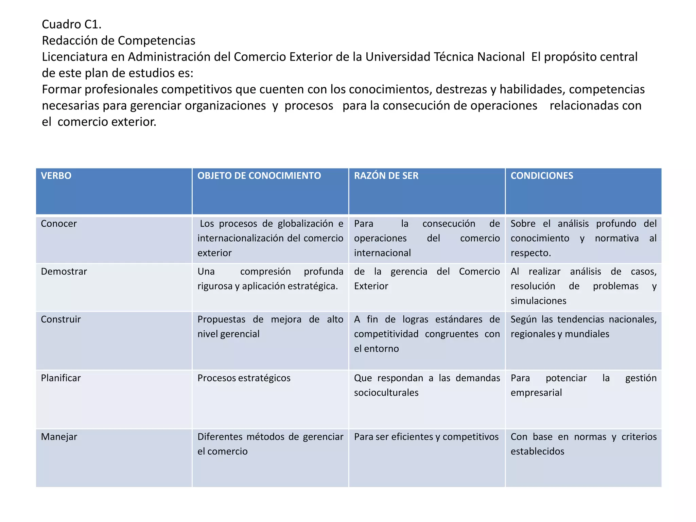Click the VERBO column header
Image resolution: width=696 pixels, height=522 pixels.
click(x=56, y=176)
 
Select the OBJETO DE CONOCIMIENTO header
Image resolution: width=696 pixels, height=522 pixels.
click(x=259, y=176)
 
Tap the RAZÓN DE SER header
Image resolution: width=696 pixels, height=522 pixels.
click(x=386, y=176)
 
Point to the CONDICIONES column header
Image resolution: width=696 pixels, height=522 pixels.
click(x=542, y=176)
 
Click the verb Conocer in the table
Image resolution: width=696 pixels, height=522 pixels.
click(x=59, y=224)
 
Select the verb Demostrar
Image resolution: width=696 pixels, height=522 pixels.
click(x=64, y=272)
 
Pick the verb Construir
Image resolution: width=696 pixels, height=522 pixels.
click(x=61, y=319)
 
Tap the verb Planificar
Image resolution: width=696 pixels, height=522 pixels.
click(x=61, y=378)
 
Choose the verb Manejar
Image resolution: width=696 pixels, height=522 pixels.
click(x=59, y=437)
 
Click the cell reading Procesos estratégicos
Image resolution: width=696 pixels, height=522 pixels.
click(x=244, y=378)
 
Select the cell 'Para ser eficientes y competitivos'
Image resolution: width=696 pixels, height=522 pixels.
click(x=426, y=437)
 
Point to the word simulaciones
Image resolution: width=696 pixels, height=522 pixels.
click(x=538, y=301)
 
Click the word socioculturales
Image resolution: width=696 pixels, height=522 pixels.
click(x=386, y=393)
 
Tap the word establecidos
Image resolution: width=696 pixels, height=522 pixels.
click(x=537, y=452)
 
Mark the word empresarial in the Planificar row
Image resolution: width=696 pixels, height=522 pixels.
click(x=536, y=393)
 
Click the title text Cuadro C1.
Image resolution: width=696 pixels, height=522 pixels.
click(x=72, y=24)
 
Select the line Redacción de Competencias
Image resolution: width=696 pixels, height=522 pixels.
click(x=119, y=41)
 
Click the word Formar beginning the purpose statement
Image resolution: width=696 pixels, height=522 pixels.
click(x=62, y=90)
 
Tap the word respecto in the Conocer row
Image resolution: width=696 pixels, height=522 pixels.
click(x=530, y=253)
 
